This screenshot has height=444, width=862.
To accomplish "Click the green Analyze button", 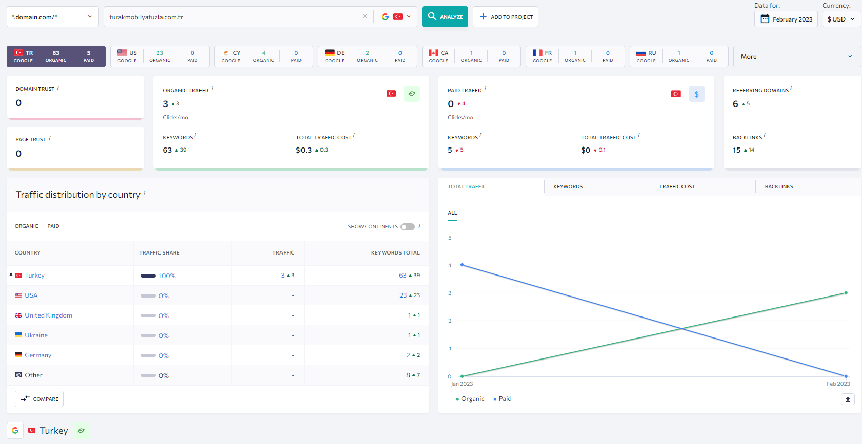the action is click(445, 16).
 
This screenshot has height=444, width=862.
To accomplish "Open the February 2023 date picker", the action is click(786, 19).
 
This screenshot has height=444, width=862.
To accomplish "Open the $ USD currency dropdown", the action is click(841, 19).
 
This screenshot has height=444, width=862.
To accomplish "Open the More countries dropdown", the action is click(796, 56).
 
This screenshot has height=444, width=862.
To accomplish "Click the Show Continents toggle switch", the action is click(408, 227).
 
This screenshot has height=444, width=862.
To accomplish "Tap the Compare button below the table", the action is click(39, 398).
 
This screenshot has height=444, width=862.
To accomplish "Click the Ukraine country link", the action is click(36, 335).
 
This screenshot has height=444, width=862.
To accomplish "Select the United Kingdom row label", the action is click(49, 315).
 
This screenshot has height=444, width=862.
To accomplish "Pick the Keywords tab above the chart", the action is click(568, 186).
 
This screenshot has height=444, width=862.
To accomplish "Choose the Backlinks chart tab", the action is click(779, 186).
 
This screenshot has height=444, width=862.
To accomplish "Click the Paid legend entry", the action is click(503, 398).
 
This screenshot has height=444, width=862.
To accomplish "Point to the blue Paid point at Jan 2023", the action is click(462, 265).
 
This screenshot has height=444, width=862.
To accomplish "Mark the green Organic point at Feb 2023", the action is click(846, 293).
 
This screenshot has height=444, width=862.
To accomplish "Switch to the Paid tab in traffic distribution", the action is click(53, 226).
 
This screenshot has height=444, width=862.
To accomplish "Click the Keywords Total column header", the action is click(395, 252).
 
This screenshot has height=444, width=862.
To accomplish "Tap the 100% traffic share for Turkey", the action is click(167, 276).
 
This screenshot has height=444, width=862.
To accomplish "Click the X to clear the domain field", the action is click(365, 16).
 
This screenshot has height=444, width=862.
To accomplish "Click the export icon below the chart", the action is click(847, 399).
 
